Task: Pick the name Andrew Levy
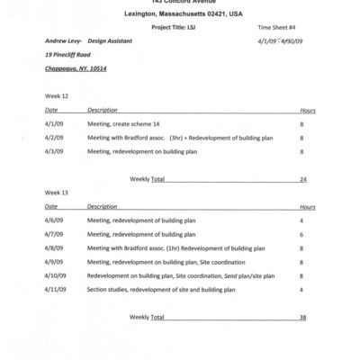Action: tap(64, 40)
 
